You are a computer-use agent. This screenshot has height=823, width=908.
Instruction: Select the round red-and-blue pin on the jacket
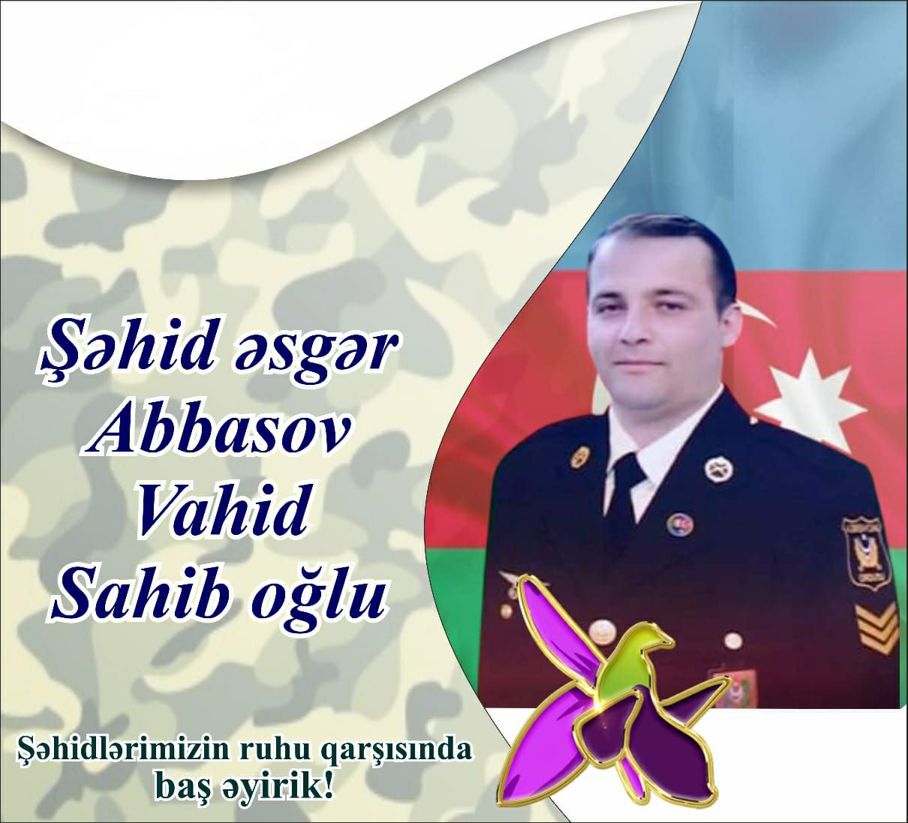pos(680,526)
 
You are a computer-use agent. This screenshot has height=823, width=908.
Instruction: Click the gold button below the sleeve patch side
pos(733,641)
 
